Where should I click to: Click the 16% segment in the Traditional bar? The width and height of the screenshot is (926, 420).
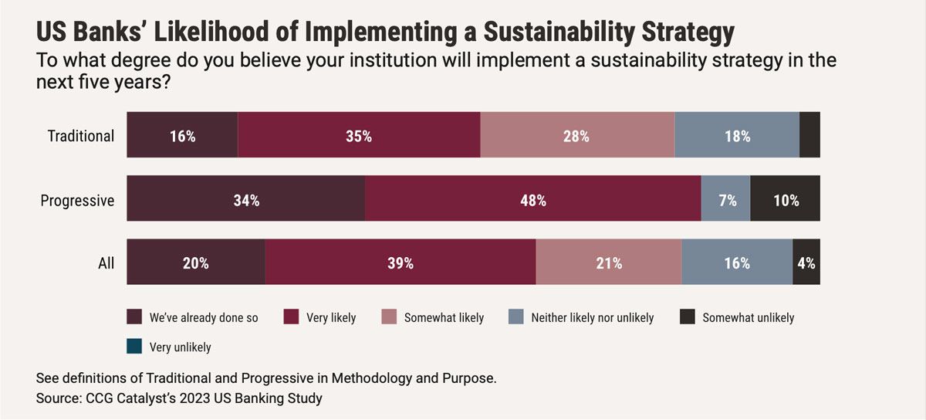tap(182, 136)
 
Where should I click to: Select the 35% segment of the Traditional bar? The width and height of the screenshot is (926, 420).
tap(359, 136)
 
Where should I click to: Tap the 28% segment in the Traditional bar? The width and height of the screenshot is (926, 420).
tap(577, 136)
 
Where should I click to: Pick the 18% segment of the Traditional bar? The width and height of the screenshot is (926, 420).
tap(737, 136)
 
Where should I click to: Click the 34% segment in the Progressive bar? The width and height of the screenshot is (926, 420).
tap(245, 200)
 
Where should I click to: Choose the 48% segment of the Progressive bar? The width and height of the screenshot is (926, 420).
tap(532, 200)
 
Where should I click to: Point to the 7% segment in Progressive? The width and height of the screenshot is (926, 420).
tap(725, 200)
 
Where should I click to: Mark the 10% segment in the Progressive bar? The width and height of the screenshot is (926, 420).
tap(785, 200)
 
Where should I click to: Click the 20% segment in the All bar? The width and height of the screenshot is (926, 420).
tap(196, 262)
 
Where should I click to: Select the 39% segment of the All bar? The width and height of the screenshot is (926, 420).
tap(400, 262)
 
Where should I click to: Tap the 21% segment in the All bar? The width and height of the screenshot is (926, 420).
tap(609, 262)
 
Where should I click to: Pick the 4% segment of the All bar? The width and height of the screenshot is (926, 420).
tap(806, 262)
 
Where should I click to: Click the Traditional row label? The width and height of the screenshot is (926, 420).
tap(81, 137)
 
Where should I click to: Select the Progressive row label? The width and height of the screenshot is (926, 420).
tap(77, 201)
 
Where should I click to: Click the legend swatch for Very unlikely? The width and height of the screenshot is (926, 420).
tap(134, 347)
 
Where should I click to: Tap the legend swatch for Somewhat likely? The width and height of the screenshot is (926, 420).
tap(390, 317)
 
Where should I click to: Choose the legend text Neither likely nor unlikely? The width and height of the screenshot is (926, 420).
tap(592, 317)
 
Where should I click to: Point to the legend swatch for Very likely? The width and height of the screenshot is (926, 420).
tap(292, 317)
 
